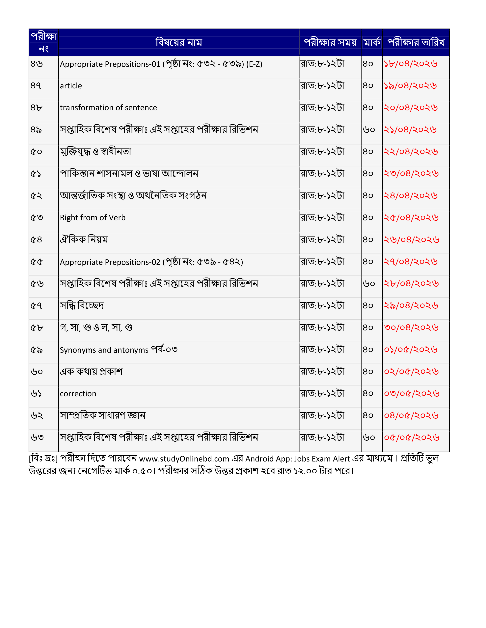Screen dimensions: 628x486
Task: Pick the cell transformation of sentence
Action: [x=108, y=108]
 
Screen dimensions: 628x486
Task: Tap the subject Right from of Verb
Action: [x=93, y=218]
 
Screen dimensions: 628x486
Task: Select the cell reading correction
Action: [x=78, y=394]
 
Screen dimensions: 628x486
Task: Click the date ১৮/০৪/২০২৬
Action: [x=411, y=64]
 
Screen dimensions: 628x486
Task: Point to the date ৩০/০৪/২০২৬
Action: [x=411, y=327]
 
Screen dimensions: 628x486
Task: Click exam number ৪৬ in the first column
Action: [x=37, y=64]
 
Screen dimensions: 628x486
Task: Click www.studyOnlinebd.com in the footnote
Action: [x=184, y=459]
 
